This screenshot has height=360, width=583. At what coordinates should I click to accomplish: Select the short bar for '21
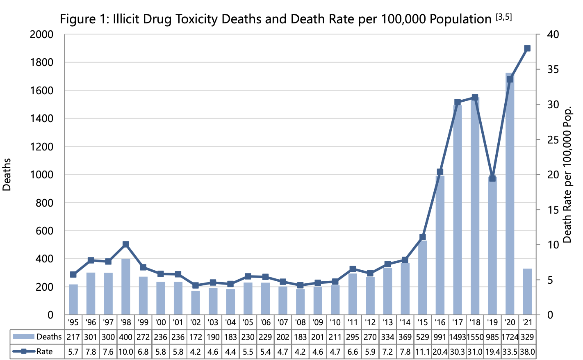pos(527,292)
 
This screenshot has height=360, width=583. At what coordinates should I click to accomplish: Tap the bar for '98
pos(126,287)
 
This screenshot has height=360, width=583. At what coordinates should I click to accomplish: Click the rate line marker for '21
pos(527,48)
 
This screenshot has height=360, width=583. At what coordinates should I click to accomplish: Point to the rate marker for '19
pos(492,178)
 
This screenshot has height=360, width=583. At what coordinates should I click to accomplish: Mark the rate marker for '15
pos(423,237)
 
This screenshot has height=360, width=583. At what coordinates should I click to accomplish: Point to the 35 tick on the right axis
pos(553,69)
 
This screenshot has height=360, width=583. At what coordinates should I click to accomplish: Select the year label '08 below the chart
pos(301,322)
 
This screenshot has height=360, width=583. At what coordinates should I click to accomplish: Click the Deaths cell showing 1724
pos(510,337)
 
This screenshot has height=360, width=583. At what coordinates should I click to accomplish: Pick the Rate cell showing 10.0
pos(126,352)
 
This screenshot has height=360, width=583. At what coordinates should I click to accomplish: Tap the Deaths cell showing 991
pos(440,337)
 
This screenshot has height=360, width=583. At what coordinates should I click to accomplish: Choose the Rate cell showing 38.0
pos(527,352)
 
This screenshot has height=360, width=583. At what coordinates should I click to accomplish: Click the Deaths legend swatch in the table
pos(24,337)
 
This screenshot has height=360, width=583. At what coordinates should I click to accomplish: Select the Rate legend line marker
pos(24,352)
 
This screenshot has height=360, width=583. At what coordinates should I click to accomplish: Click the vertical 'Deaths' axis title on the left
pos(7,175)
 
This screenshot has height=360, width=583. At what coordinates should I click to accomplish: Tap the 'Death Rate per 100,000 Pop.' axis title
pos(567,175)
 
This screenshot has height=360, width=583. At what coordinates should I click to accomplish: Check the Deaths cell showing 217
pos(73,337)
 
